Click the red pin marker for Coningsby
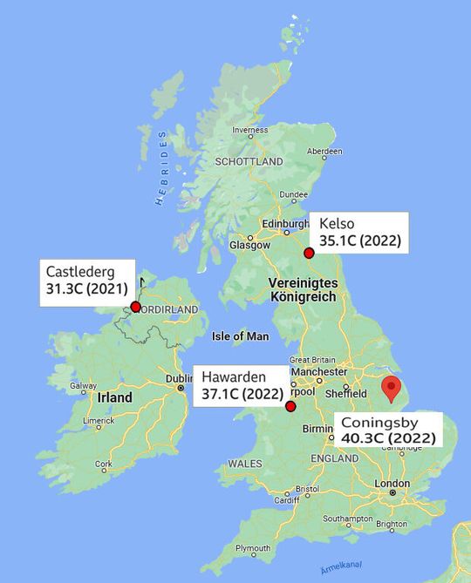click(x=392, y=389)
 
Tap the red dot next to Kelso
click(x=308, y=254)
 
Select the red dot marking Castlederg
click(x=135, y=307)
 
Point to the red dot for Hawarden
click(x=290, y=406)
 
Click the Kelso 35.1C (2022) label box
click(x=359, y=234)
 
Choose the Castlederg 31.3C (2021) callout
click(x=87, y=281)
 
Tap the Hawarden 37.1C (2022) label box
click(x=241, y=385)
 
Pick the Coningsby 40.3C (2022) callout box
click(x=388, y=430)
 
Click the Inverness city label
click(x=249, y=131)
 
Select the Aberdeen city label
click(x=324, y=151)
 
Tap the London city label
click(x=392, y=483)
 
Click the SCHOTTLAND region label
click(x=249, y=162)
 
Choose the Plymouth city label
click(x=253, y=547)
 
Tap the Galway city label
click(x=84, y=386)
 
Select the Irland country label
click(x=115, y=397)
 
